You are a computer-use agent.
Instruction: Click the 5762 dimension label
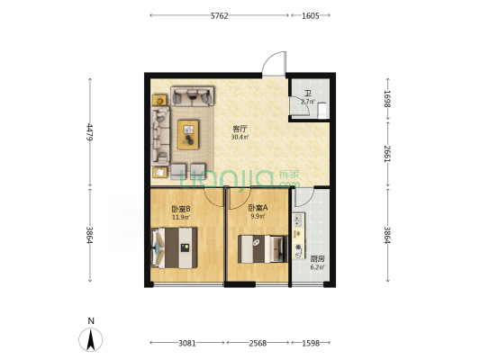[220, 16]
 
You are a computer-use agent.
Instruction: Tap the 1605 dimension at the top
[311, 16]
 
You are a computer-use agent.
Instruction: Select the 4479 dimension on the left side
[89, 131]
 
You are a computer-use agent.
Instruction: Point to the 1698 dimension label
[387, 99]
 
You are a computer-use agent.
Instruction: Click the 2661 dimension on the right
[387, 154]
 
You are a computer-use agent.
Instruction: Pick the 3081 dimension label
[187, 343]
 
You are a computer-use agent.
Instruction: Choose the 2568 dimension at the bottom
[258, 343]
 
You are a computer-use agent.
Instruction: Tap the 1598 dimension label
[311, 343]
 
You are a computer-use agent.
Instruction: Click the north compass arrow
[91, 339]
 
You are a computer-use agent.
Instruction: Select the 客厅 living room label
[240, 128]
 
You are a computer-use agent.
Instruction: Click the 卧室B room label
[181, 209]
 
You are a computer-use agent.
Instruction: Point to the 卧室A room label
[258, 208]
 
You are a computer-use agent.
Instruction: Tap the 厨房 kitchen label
[318, 259]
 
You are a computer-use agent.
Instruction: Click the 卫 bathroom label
[308, 94]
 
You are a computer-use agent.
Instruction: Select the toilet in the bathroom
[322, 111]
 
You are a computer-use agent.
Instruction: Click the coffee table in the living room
[188, 135]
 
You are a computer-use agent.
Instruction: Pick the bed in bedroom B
[174, 247]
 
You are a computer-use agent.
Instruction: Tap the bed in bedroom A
[263, 249]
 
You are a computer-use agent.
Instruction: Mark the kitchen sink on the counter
[298, 220]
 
